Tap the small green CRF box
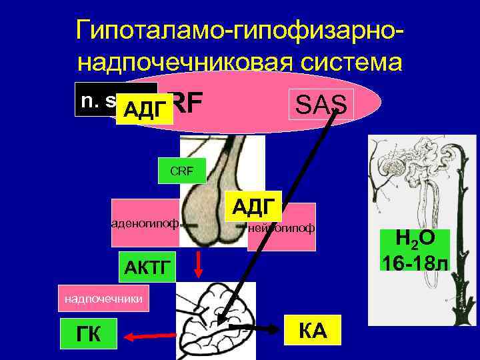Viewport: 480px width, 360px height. [181, 171]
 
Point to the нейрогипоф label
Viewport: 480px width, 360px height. [281, 228]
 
